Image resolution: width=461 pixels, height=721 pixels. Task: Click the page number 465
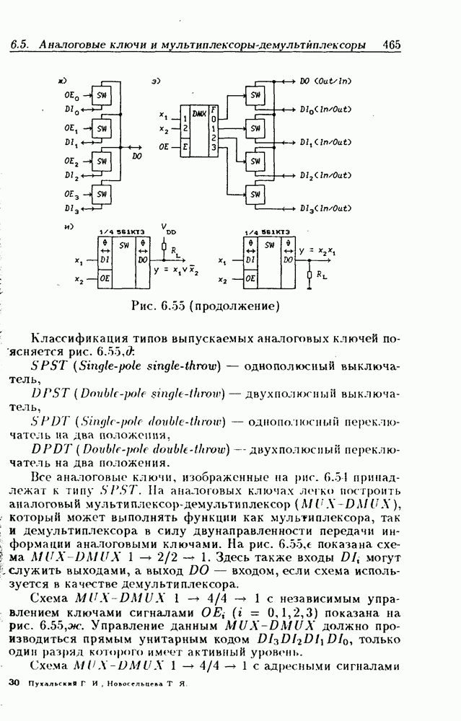point(392,45)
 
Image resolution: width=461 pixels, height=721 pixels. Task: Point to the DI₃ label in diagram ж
point(71,209)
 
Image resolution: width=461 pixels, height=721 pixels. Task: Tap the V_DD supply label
point(168,230)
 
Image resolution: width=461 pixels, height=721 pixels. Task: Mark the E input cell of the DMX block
point(186,146)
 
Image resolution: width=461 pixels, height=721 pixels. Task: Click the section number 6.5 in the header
point(19,45)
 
